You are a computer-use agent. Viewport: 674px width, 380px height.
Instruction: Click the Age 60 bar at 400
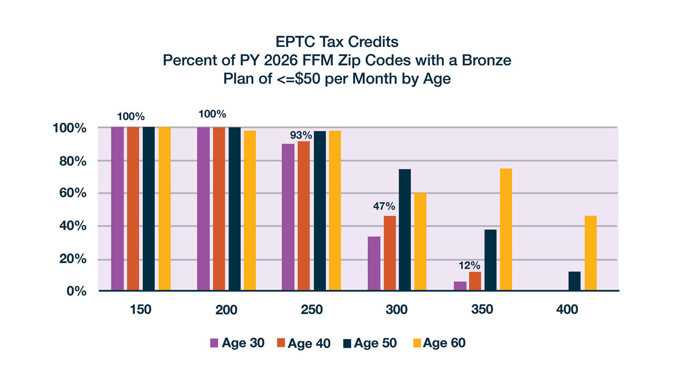coord(590,253)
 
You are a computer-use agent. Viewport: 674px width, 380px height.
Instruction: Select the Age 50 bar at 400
coord(574,281)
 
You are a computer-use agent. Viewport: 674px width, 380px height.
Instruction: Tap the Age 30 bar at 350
coord(460,286)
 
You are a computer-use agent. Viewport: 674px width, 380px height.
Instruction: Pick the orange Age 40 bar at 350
coord(475,281)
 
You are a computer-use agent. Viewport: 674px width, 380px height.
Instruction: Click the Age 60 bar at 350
coord(506,229)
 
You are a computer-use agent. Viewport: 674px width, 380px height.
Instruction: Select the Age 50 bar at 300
coord(405,230)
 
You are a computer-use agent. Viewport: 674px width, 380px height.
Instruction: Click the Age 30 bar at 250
coord(288,217)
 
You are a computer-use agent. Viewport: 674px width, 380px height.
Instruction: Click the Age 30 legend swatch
coord(214,343)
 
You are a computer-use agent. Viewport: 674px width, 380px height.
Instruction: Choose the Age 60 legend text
coord(444,343)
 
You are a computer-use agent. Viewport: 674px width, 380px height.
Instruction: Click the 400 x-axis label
coord(567,310)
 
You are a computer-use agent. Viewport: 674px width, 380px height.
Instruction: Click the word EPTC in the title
coord(296,42)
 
